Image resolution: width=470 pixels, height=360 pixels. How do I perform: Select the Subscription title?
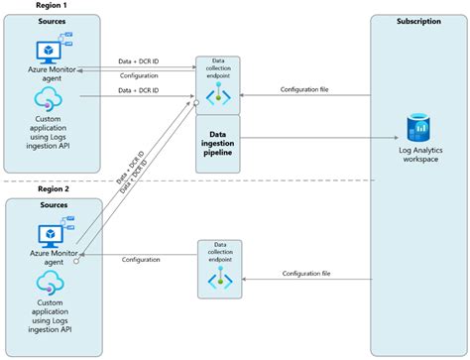click(x=417, y=22)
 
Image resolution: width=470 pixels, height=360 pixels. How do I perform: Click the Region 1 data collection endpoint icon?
click(x=218, y=93)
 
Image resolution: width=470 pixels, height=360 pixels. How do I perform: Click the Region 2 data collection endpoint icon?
click(x=218, y=280)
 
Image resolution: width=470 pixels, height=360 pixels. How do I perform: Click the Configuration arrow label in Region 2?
click(x=141, y=260)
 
